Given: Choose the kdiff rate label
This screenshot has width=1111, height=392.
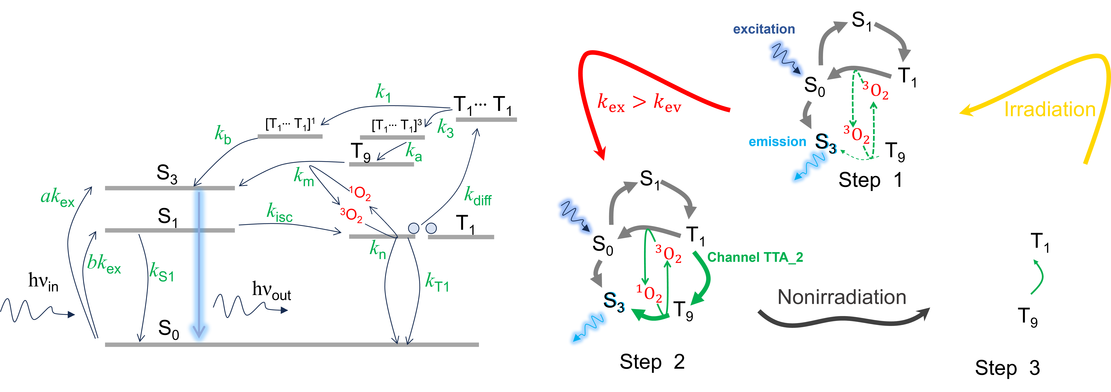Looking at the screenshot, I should coord(477,197).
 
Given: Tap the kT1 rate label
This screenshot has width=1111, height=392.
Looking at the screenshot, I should coord(437,283).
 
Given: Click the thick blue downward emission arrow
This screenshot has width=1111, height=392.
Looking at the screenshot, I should coord(199,263).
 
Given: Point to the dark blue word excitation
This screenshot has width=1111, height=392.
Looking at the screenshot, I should coord(764,29).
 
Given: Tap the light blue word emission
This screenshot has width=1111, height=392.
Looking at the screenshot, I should coord(777,142).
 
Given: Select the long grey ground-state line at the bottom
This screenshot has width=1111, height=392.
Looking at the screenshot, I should coord(292,345).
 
